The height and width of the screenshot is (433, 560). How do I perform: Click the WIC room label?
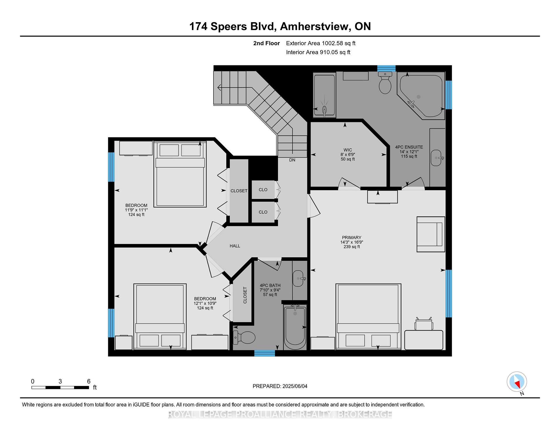(348, 150)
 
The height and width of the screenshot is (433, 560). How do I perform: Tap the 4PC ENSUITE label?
(409, 147)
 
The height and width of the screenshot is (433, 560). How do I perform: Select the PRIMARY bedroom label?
(352, 238)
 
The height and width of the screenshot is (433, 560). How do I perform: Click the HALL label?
(235, 246)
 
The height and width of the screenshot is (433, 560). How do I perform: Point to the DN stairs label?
(292, 160)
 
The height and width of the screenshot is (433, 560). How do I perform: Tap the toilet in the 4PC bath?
(244, 338)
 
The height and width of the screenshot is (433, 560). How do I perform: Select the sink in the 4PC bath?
(298, 278)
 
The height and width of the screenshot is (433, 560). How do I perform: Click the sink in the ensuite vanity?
(436, 158)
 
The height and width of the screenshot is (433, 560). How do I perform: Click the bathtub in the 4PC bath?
(295, 327)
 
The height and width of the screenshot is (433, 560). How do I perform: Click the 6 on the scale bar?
(89, 381)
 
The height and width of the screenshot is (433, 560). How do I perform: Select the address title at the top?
(280, 26)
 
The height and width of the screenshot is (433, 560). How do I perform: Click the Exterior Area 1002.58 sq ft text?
(321, 43)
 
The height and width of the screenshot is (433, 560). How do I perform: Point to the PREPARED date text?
(280, 386)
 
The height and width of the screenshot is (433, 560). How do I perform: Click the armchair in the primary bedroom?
(431, 234)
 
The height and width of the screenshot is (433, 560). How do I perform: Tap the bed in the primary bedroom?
(368, 317)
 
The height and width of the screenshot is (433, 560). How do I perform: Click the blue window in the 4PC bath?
(265, 353)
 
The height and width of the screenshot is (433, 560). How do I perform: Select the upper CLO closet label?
(263, 190)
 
